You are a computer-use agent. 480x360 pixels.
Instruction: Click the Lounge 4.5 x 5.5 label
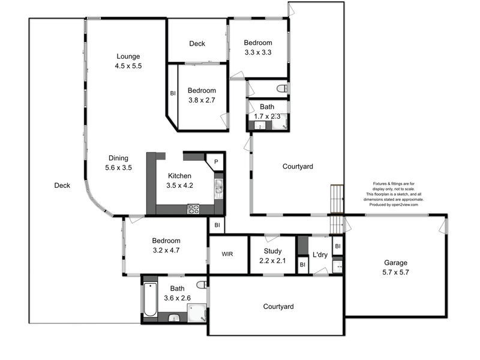click(x=128, y=61)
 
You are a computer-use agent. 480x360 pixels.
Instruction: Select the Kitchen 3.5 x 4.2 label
click(x=179, y=181)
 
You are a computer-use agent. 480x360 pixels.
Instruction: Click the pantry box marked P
click(x=215, y=163)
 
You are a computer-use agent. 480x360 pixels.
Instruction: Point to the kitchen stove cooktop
click(x=194, y=209)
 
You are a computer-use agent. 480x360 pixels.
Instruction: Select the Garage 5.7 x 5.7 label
click(x=396, y=267)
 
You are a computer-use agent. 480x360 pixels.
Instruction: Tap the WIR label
click(x=227, y=254)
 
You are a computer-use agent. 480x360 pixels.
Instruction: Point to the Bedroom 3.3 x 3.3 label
click(x=258, y=47)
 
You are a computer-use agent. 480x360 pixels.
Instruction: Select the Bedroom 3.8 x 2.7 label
click(x=202, y=95)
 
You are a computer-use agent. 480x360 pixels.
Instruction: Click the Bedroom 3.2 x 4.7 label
click(x=158, y=245)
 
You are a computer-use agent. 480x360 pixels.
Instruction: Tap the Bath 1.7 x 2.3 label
click(x=268, y=112)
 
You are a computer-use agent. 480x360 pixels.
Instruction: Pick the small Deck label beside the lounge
click(x=197, y=43)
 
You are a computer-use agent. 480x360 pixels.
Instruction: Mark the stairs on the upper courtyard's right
click(x=336, y=199)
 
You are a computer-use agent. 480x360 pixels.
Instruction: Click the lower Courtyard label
click(x=278, y=307)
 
